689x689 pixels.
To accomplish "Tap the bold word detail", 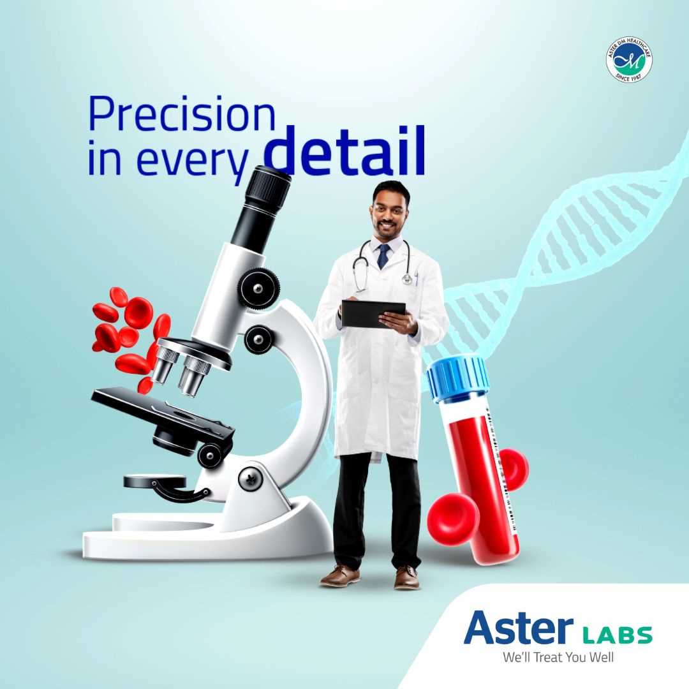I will tap(344, 153).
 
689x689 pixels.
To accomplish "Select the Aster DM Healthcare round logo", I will tap(629, 59).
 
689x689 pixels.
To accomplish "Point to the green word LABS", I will tap(618, 635).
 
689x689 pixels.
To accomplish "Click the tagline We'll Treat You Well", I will tap(558, 657).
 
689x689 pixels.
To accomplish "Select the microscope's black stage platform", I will tap(159, 408).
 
